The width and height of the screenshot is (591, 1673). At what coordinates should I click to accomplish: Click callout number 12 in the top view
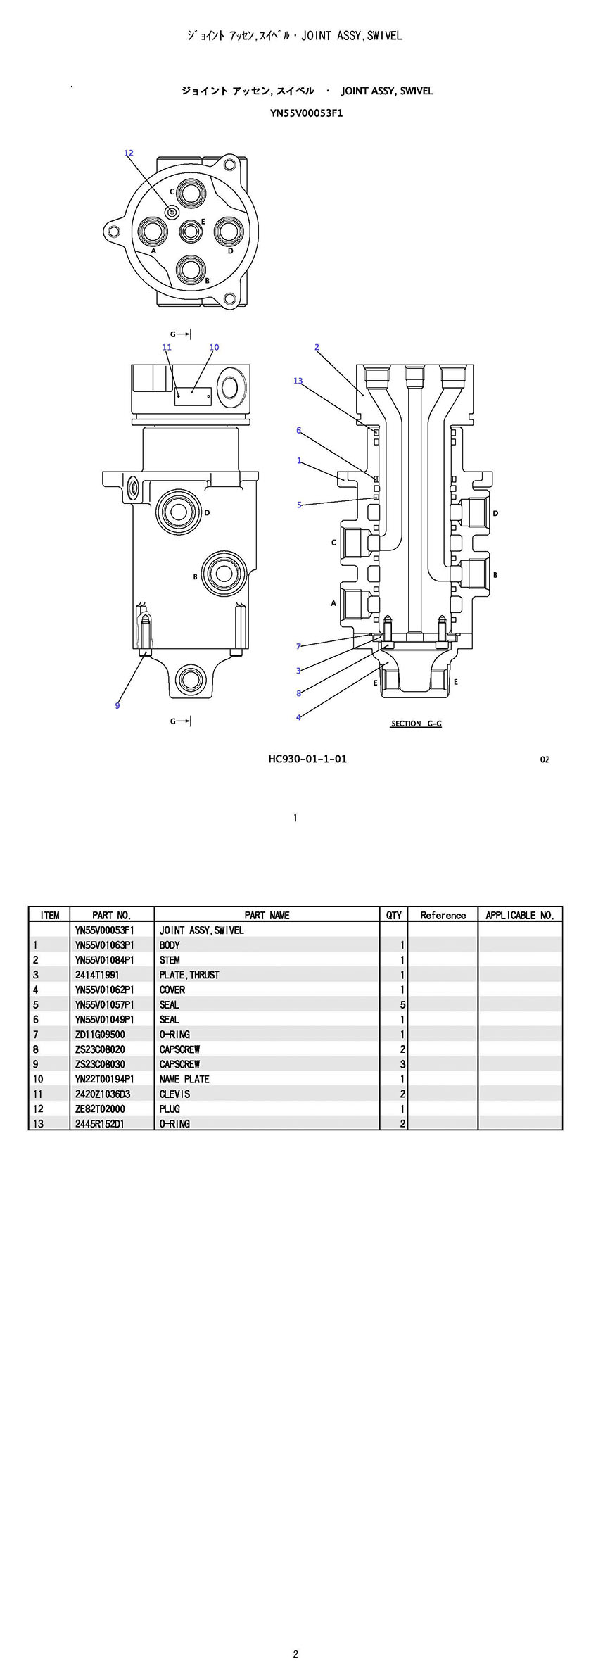129,153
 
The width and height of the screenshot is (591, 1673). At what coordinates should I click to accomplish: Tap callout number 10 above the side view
214,347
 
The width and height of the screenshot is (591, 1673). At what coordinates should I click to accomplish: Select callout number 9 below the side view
117,705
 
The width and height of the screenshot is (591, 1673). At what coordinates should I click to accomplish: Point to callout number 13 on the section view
298,381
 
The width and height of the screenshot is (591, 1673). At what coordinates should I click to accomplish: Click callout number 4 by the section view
298,717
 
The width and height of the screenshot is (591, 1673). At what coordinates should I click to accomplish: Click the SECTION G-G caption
416,724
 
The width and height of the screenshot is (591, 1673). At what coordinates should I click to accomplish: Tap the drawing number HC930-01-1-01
307,759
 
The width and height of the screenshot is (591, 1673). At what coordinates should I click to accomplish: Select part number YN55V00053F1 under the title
306,113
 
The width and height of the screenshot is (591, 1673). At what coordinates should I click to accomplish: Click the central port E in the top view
191,230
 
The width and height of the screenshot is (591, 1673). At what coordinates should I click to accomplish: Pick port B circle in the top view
191,267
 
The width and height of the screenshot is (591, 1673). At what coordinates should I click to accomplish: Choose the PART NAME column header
267,915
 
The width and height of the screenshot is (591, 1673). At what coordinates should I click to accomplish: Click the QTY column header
394,915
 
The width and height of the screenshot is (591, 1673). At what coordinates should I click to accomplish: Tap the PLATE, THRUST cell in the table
189,975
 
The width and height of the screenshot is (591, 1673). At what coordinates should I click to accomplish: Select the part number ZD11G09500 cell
100,1035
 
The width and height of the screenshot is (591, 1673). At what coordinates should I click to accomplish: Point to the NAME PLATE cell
184,1079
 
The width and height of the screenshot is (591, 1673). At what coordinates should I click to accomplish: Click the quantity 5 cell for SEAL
402,1005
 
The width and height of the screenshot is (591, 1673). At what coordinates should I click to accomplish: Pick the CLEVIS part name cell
174,1094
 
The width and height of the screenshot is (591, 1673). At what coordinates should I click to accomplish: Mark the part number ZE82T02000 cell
100,1109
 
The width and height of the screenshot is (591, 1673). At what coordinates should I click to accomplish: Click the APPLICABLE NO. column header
520,915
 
